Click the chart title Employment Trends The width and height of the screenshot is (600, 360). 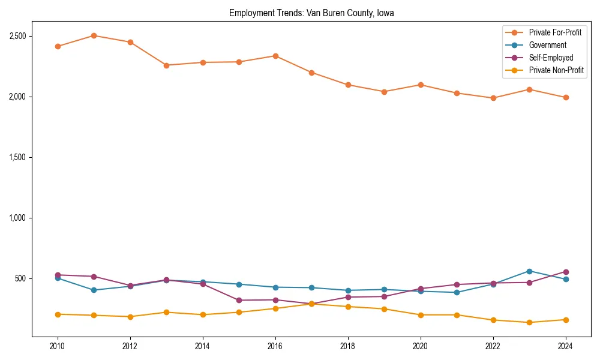coord(311,13)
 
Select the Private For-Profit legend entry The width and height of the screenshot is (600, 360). coord(555,32)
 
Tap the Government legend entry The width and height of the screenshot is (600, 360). coord(547,45)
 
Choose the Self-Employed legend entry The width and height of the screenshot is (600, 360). coord(551,58)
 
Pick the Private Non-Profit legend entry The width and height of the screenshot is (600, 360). coord(556,70)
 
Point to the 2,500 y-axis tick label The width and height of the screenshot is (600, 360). coord(17,36)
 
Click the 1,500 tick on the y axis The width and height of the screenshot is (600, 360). coord(17,157)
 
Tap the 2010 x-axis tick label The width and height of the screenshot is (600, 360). coord(58,346)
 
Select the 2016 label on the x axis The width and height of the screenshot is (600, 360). coord(275,346)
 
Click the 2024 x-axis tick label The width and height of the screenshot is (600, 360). coord(565,346)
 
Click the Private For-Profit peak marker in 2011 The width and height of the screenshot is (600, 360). coord(94,35)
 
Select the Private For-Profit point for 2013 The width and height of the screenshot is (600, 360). coord(166,65)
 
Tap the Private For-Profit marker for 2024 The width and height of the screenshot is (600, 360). coord(565,97)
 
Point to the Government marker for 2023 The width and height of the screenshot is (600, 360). coord(529,271)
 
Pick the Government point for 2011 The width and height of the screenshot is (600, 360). coord(94,290)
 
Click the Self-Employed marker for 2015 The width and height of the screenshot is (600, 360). coord(239,300)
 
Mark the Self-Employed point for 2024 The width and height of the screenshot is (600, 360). coord(565,272)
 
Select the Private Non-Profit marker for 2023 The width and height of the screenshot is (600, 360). coord(529,322)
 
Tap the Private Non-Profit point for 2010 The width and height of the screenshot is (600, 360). coord(58,314)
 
